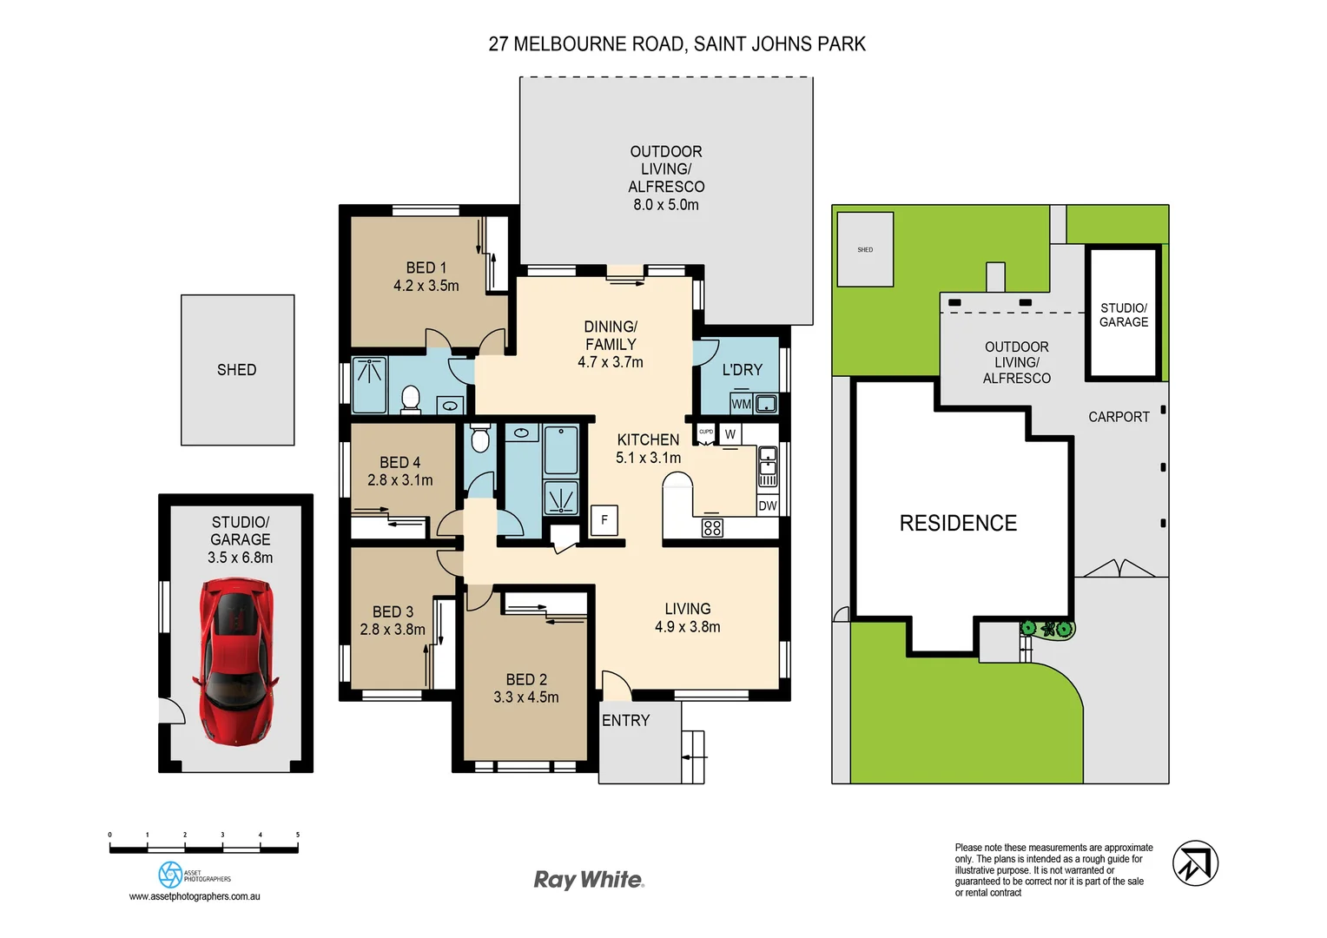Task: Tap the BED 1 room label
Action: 426,268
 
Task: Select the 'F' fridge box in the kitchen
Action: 604,520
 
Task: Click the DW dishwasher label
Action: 768,505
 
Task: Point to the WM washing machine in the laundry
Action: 741,404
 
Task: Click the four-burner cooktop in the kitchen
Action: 712,527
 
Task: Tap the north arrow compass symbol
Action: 1195,863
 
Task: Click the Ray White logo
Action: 589,880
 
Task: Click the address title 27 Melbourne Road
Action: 677,44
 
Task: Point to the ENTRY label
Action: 625,720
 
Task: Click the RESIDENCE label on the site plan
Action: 958,523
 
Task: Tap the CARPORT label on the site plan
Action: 1119,417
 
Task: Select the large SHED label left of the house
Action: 236,370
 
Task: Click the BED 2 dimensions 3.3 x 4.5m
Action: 526,697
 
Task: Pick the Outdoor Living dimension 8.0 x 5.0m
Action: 666,205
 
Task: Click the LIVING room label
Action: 688,609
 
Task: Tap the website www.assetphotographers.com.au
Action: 195,896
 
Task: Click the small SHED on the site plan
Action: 865,249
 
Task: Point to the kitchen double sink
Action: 768,466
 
